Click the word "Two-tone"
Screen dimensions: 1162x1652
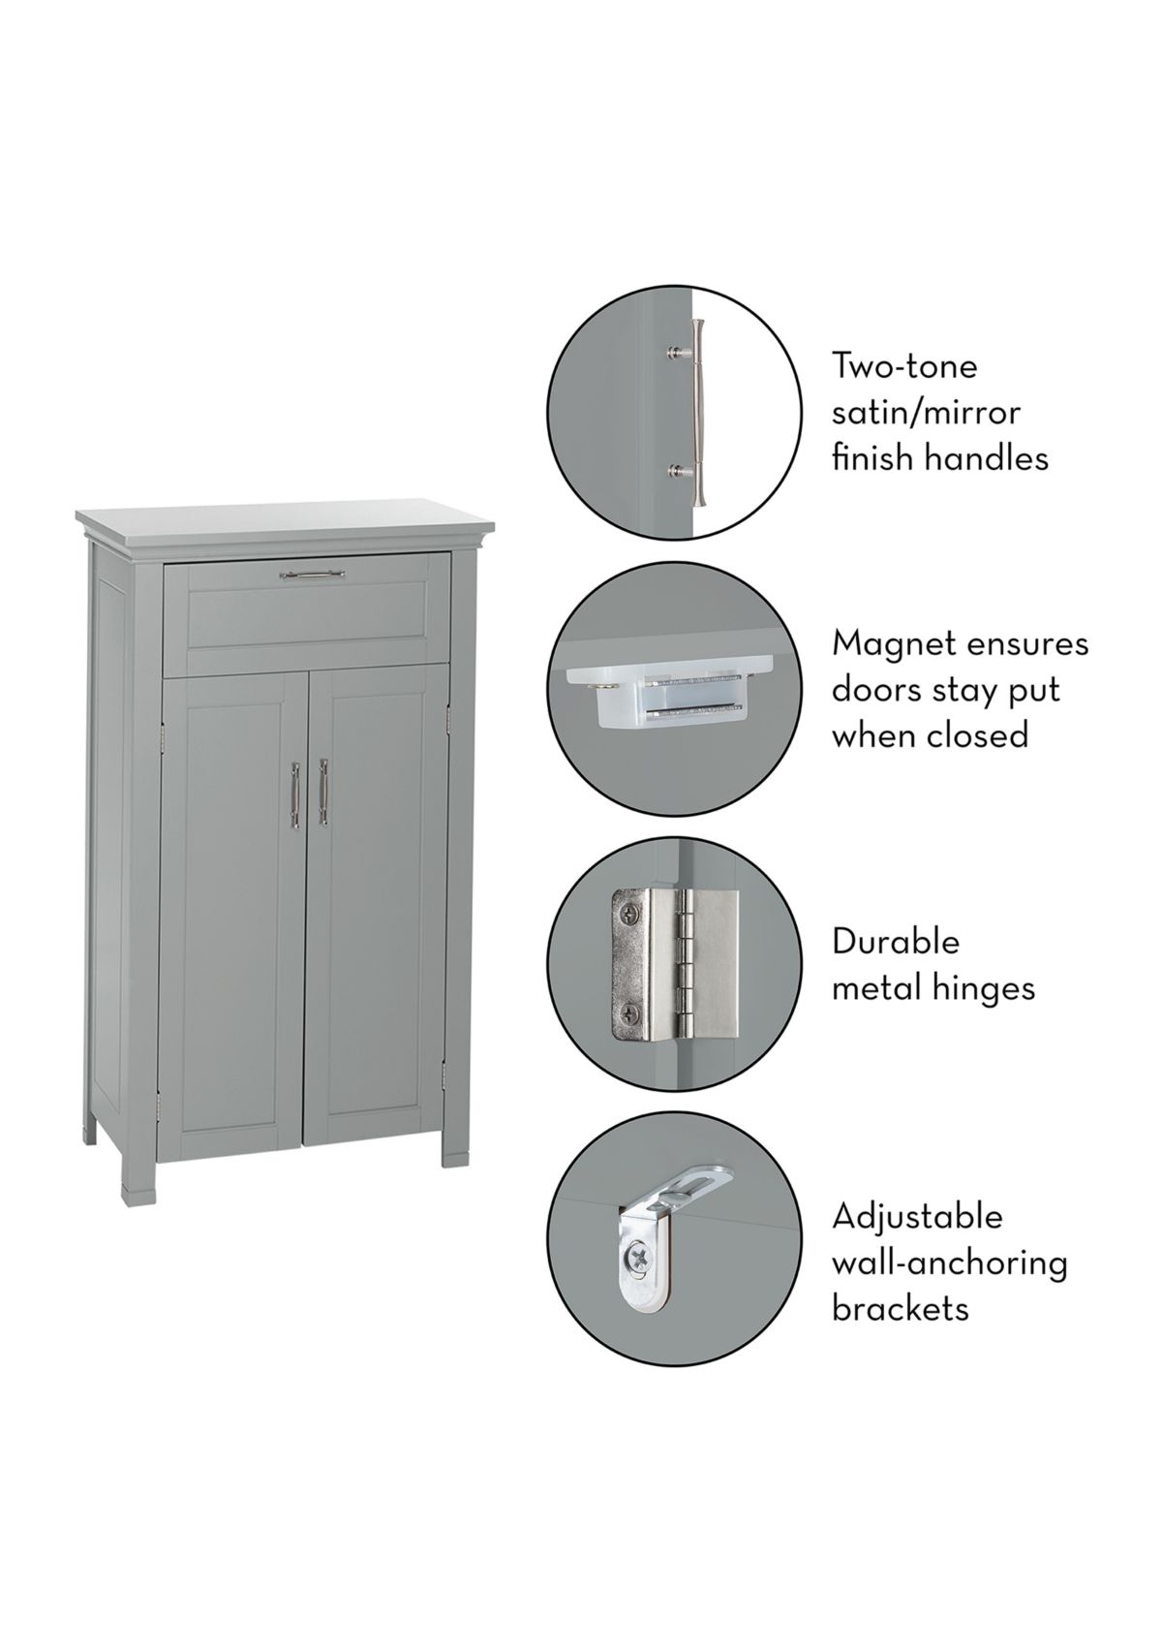tap(904, 366)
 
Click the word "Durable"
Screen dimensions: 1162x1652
tap(896, 941)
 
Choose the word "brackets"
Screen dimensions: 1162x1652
tap(900, 1309)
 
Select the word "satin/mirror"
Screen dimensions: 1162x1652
tap(926, 413)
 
